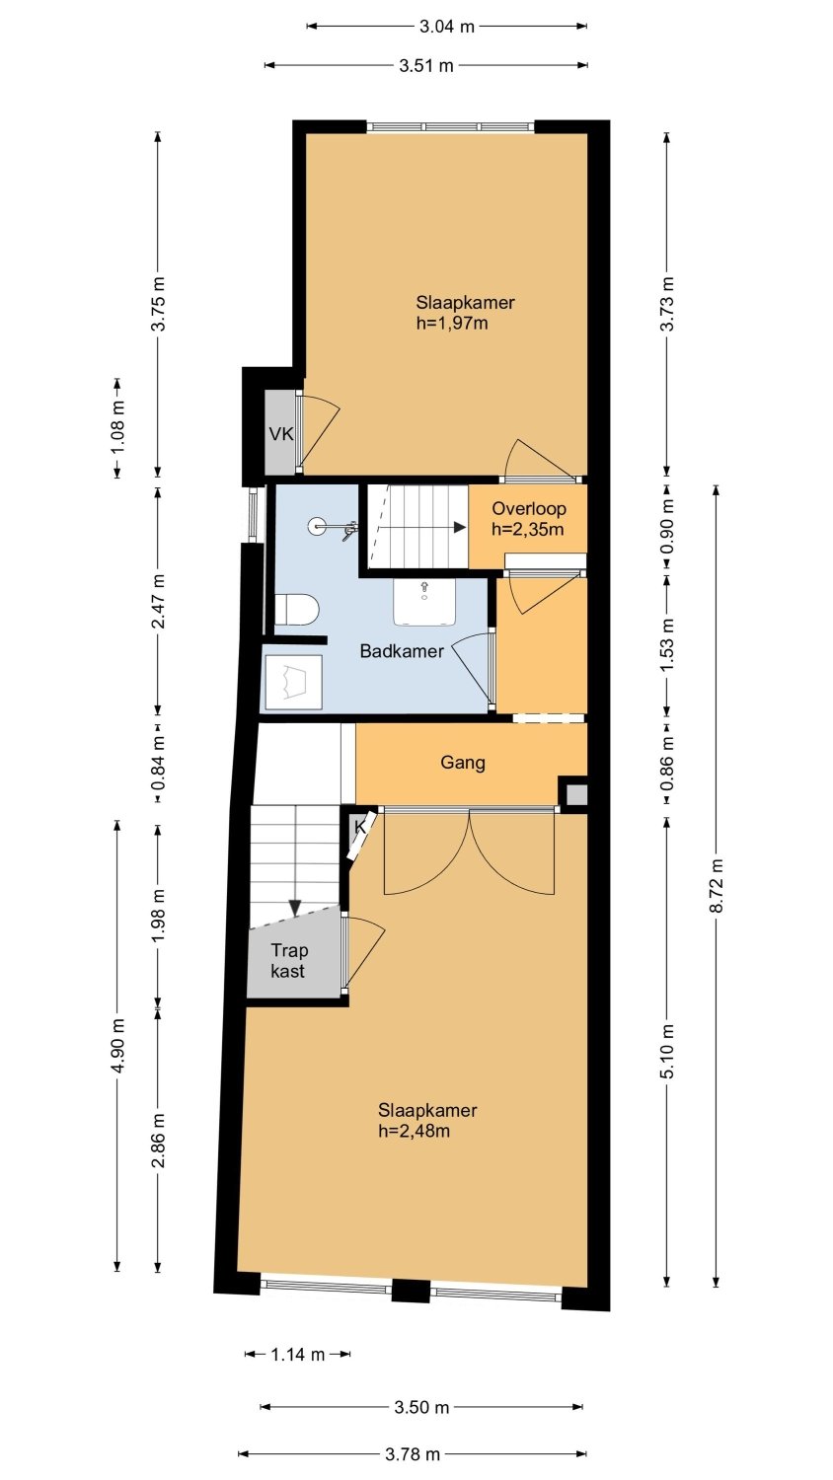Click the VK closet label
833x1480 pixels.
(x=281, y=434)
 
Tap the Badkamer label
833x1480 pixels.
(x=402, y=651)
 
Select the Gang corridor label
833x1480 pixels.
(x=463, y=763)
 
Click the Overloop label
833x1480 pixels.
(x=529, y=509)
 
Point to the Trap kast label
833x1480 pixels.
(x=289, y=961)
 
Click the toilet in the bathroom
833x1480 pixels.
(x=296, y=609)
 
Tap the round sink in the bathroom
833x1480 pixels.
(x=318, y=527)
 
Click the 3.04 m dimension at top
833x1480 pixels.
(x=447, y=27)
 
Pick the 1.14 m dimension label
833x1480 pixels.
(x=297, y=1355)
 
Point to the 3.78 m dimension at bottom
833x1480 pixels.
(x=413, y=1454)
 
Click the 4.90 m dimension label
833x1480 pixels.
(x=117, y=1046)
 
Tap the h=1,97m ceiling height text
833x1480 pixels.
(x=452, y=323)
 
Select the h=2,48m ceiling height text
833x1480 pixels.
(x=414, y=1131)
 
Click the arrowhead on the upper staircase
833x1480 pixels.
(x=460, y=527)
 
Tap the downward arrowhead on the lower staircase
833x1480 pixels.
(x=295, y=909)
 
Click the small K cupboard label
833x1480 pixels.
(x=360, y=827)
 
